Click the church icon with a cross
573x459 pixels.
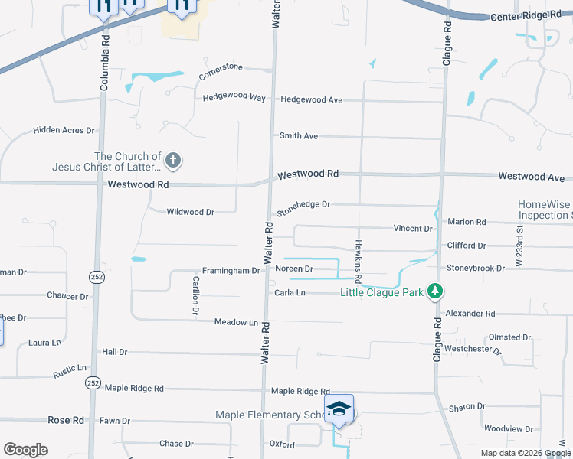173,161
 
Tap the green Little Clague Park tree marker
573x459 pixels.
435,291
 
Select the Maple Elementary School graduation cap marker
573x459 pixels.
338,412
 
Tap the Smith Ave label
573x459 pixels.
299,136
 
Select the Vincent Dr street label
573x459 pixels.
413,229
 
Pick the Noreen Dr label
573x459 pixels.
294,269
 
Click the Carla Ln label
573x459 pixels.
290,293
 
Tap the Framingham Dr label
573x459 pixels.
231,271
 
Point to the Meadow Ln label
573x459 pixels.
236,323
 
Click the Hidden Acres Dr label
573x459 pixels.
64,130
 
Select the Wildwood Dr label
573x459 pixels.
190,212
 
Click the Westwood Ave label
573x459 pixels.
531,177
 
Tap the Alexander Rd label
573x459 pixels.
470,314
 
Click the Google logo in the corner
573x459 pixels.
25,450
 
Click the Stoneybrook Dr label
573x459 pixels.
476,269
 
